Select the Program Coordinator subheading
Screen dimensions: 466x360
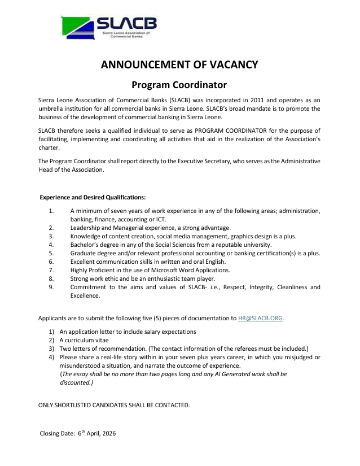click(179, 85)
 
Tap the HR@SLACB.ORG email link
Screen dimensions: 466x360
click(260, 318)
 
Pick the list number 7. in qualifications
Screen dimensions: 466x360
click(51, 271)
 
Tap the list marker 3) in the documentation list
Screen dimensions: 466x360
click(51, 349)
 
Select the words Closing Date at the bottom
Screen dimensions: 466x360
click(58, 434)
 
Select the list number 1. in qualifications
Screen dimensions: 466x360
click(51, 211)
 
